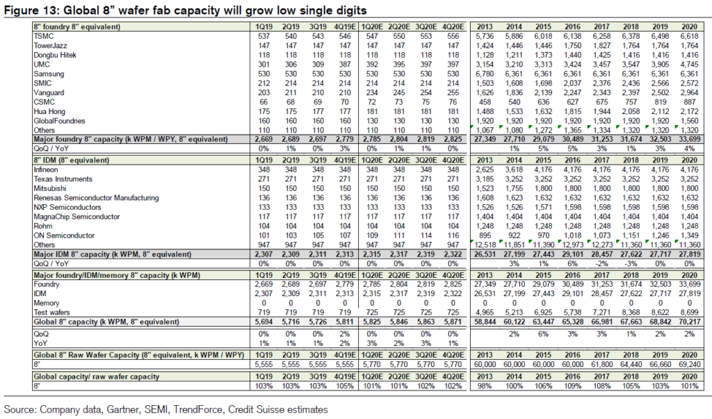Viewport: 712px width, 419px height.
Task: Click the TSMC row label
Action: [x=44, y=36]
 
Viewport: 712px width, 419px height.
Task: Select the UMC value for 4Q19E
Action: [x=345, y=65]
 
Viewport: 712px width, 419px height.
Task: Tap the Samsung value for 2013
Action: [x=485, y=74]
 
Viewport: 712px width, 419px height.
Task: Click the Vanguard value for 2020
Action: [x=689, y=92]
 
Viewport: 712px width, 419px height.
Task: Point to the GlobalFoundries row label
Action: [x=59, y=121]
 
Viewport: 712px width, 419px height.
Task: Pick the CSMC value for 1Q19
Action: [x=264, y=102]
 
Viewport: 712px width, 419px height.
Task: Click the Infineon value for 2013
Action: [x=485, y=170]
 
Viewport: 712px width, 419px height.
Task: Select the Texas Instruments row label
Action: [x=63, y=179]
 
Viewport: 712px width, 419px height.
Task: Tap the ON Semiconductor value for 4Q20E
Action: [x=453, y=236]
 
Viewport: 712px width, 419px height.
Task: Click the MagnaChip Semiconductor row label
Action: [x=76, y=217]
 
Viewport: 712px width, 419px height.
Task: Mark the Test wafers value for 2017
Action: [x=601, y=312]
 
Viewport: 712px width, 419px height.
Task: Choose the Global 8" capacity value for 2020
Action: [x=689, y=322]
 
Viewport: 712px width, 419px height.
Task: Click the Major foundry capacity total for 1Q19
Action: [x=264, y=140]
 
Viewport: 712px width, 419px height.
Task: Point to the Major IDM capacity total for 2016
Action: [x=572, y=254]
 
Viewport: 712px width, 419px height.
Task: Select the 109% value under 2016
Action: [x=572, y=386]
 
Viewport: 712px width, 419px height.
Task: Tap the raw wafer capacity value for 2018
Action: [x=631, y=365]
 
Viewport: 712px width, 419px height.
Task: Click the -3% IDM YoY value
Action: [x=631, y=264]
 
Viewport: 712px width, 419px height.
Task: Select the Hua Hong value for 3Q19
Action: [x=318, y=112]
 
